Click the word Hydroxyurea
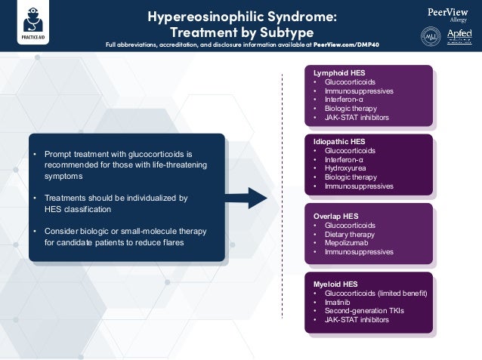point(348,168)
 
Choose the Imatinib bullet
point(338,302)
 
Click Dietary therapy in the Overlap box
point(352,234)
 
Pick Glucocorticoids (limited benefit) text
point(376,293)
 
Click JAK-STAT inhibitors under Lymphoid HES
point(357,117)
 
